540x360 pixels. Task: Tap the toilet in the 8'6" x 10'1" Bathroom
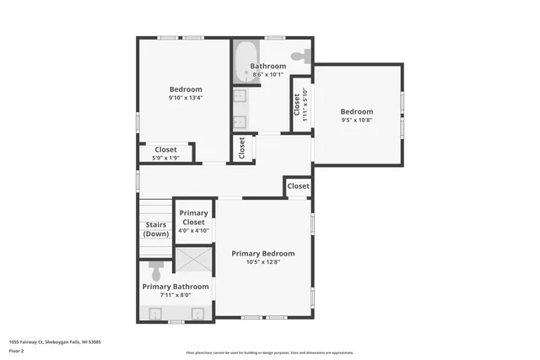(301, 56)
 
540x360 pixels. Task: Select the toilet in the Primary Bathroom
(156, 272)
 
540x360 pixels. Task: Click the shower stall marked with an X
(193, 261)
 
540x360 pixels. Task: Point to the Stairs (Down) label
(155, 229)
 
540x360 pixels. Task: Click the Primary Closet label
(194, 218)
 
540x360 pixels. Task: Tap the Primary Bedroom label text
(263, 253)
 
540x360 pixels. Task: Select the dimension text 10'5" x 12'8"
(263, 262)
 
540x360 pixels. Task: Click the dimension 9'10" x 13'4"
(186, 98)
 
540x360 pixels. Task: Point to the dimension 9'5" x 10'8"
(357, 120)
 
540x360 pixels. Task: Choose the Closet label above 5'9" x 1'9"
(165, 149)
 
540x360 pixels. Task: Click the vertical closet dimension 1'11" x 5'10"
(305, 105)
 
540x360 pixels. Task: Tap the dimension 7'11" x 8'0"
(175, 295)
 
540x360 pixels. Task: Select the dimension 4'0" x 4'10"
(194, 230)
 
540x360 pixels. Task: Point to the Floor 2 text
(16, 352)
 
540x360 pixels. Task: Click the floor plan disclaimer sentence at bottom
(269, 352)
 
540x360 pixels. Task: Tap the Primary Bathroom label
(175, 287)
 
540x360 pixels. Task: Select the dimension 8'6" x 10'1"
(267, 74)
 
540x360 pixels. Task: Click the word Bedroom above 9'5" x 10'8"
(357, 111)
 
